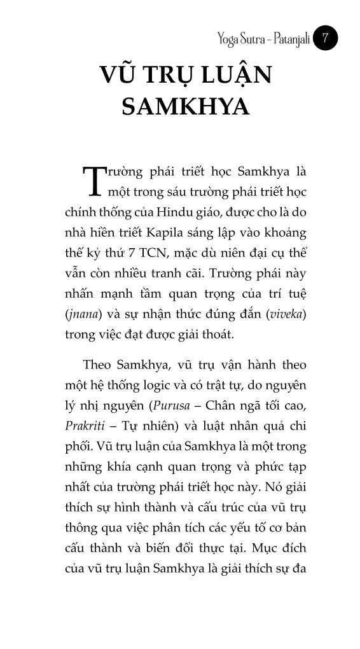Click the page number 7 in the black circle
click(x=326, y=39)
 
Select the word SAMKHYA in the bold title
click(x=185, y=106)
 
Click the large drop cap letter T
click(x=93, y=181)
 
